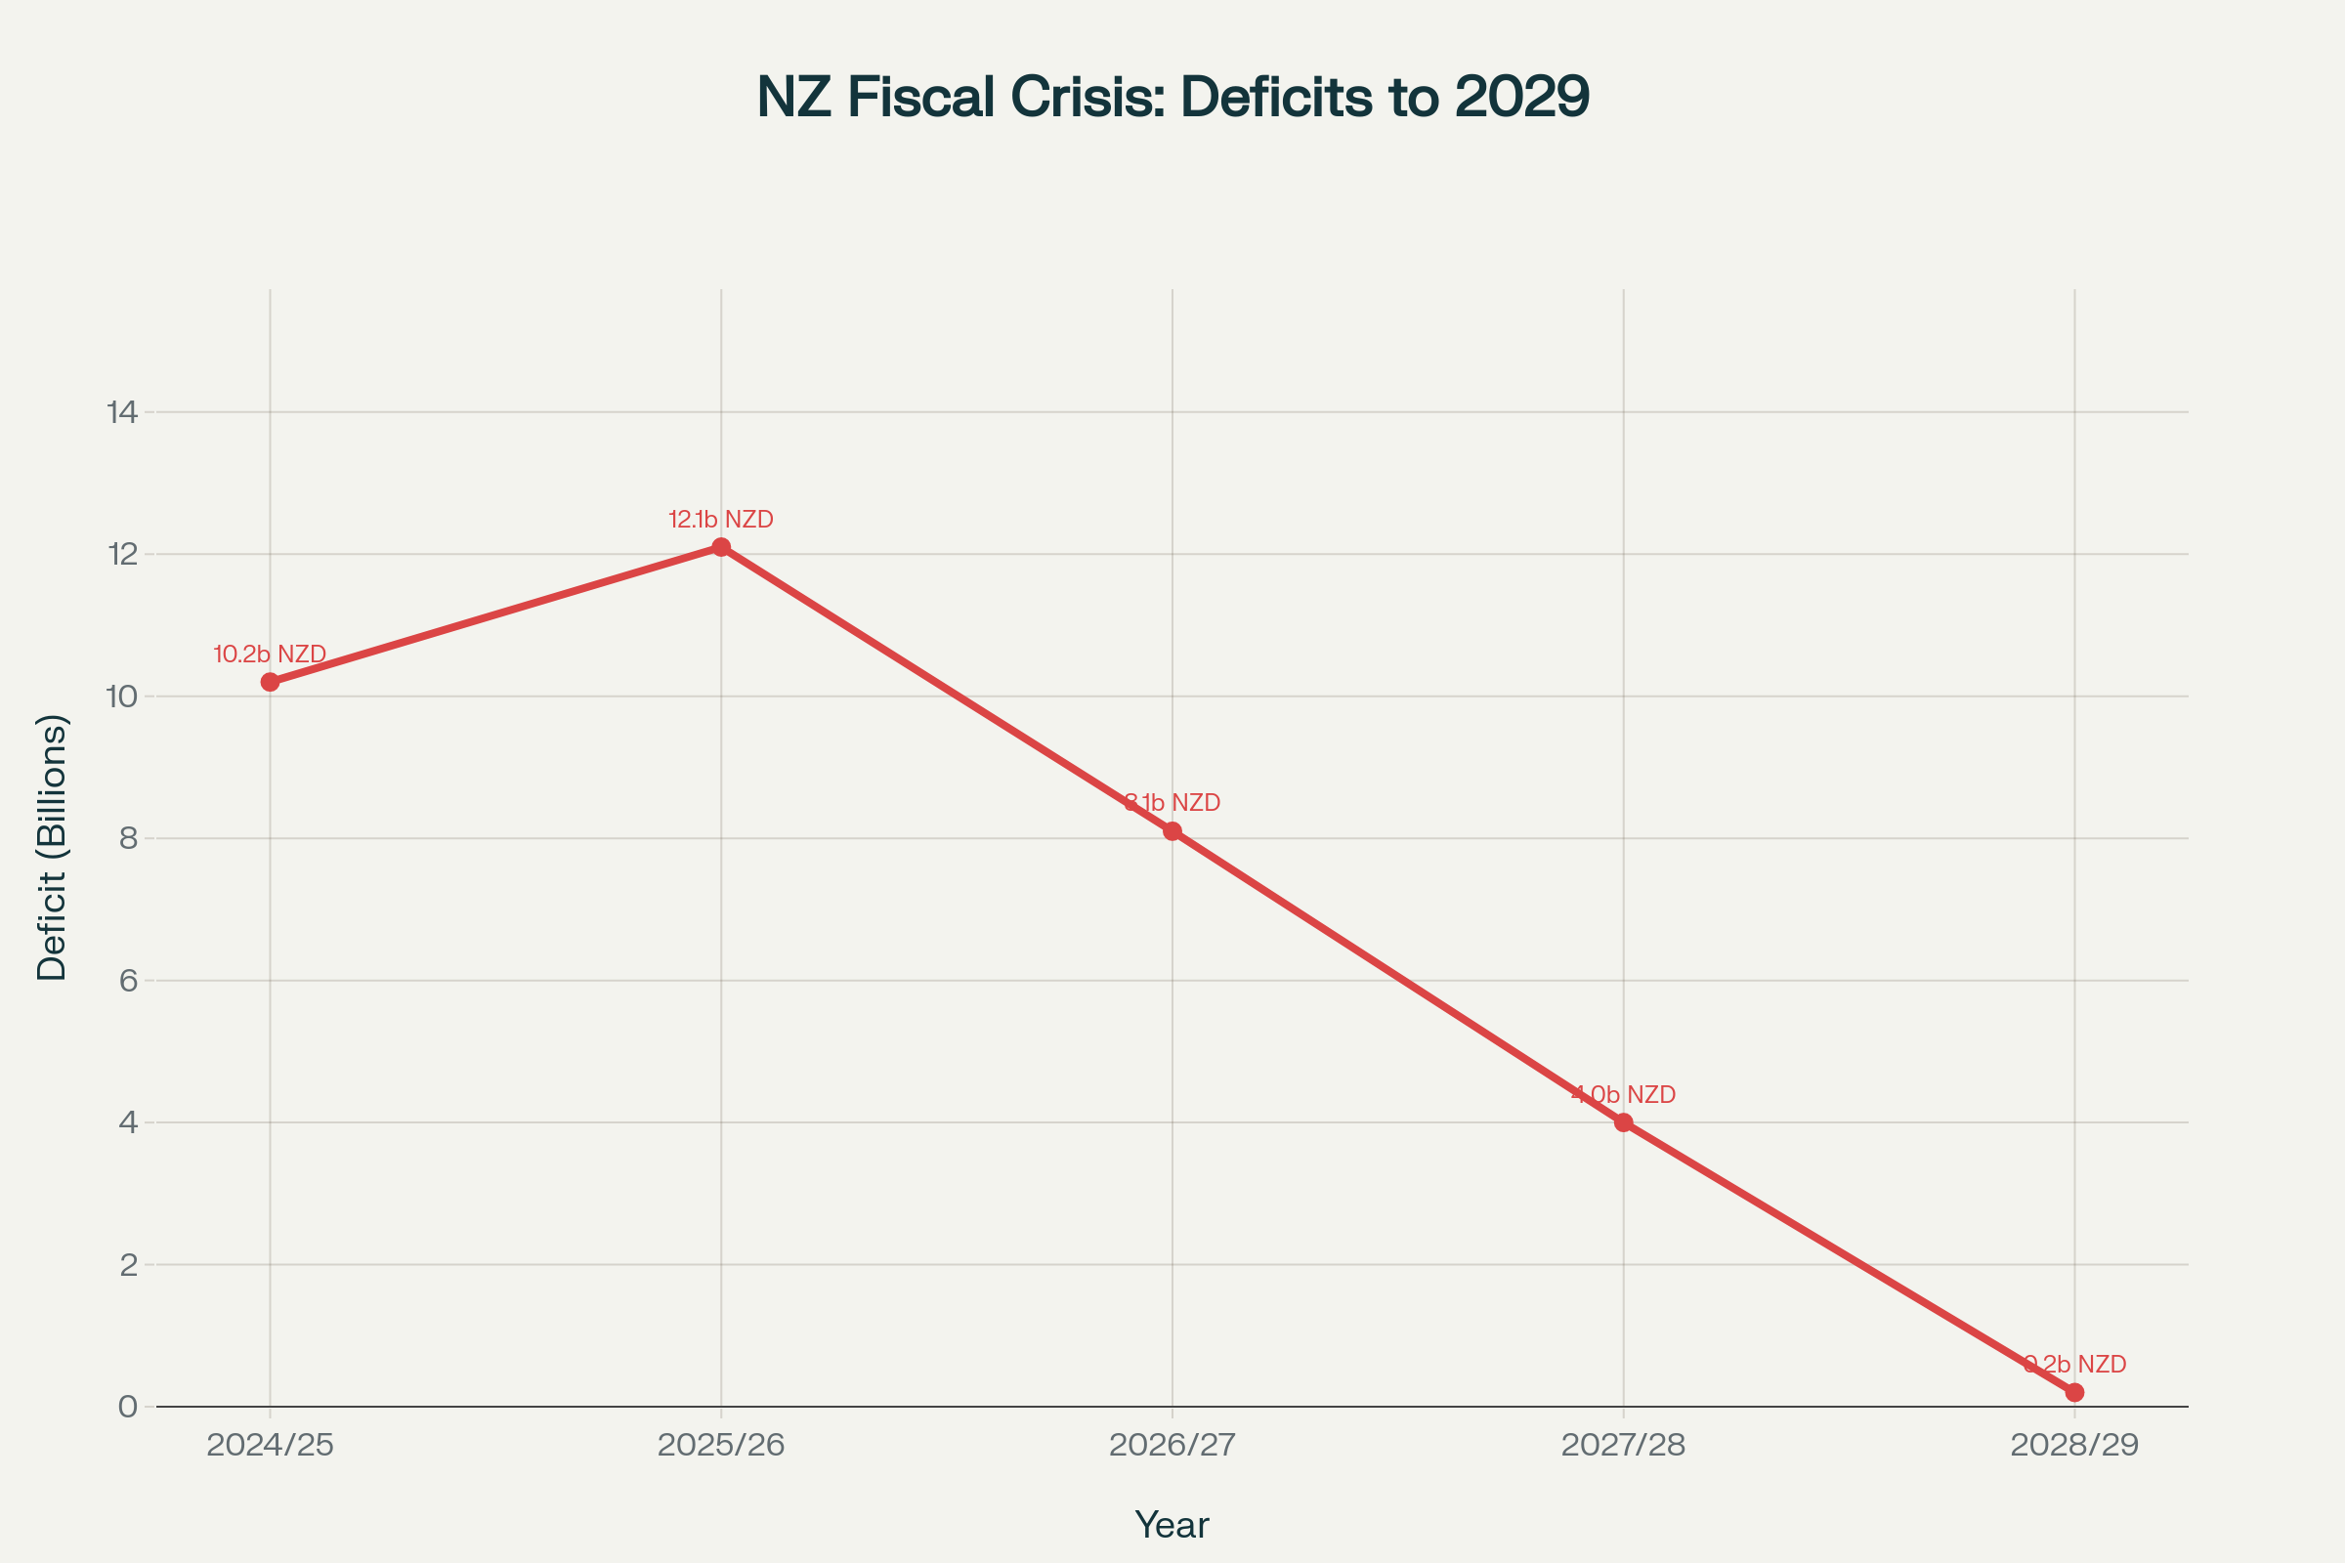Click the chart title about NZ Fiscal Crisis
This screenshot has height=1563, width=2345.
click(1172, 98)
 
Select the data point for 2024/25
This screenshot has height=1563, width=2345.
click(271, 682)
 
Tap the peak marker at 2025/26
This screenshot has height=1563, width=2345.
click(721, 547)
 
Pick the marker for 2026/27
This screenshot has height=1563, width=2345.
click(1172, 831)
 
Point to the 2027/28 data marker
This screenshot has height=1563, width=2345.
click(1623, 1122)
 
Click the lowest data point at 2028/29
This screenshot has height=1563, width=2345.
click(2074, 1393)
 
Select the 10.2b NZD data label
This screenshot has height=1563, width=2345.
click(271, 655)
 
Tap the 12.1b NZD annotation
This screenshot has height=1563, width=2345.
click(721, 520)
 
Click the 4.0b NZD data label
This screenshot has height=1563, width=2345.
click(1623, 1094)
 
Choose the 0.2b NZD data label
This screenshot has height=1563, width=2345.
click(2074, 1365)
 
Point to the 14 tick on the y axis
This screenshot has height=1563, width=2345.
click(123, 411)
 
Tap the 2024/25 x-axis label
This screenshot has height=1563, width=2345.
click(271, 1446)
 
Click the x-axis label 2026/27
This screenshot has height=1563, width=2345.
click(1172, 1446)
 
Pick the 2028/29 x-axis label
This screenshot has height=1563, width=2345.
click(2074, 1446)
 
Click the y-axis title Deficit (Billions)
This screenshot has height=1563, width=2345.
click(52, 847)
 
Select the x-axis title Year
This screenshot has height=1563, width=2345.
click(1172, 1525)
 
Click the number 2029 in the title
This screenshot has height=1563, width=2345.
click(1521, 98)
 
